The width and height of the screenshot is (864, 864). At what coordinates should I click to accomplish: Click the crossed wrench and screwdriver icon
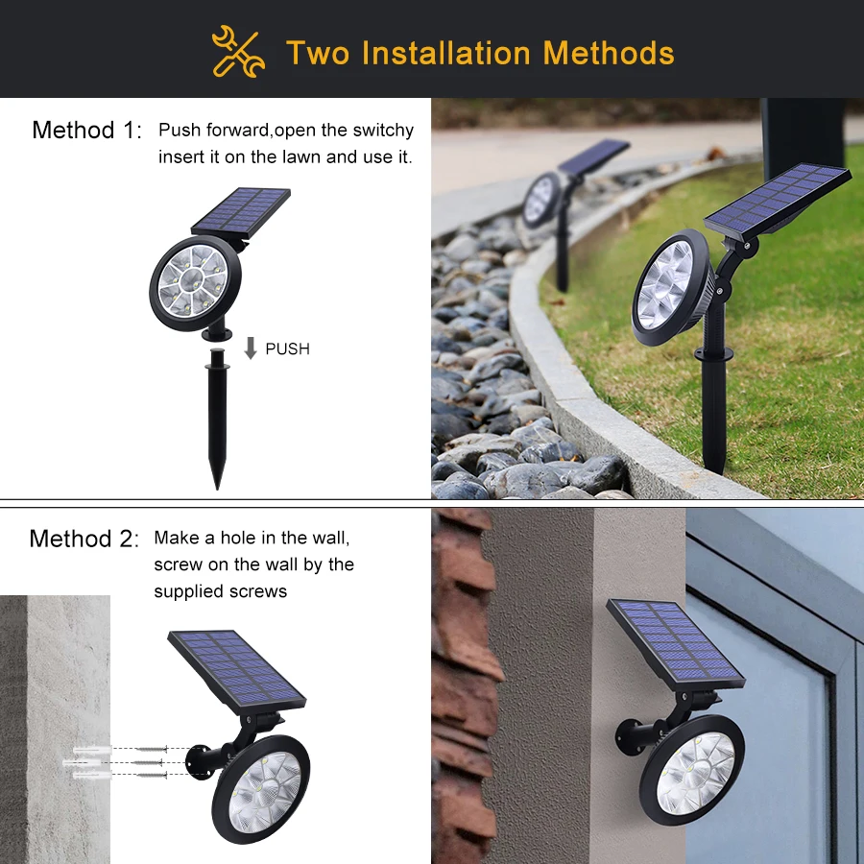238,51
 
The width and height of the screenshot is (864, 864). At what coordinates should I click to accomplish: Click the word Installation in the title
446,53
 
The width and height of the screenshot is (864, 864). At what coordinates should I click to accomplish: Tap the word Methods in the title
609,53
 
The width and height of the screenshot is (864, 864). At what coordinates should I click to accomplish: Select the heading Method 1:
86,131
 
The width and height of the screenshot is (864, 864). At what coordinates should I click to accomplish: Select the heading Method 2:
84,539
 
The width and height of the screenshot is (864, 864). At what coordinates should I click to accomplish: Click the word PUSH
288,348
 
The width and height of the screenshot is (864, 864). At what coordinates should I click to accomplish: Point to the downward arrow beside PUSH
251,348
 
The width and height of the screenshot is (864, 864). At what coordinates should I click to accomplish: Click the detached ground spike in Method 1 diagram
218,419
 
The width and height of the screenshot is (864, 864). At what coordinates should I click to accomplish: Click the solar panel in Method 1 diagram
241,212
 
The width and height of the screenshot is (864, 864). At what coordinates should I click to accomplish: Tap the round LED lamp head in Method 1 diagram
195,283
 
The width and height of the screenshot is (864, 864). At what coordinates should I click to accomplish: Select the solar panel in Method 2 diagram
236,672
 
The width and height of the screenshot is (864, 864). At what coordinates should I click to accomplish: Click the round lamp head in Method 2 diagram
261,789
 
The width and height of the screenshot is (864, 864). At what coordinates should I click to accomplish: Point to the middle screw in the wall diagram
147,763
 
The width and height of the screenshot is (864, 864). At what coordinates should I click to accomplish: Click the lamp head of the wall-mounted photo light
691,770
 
